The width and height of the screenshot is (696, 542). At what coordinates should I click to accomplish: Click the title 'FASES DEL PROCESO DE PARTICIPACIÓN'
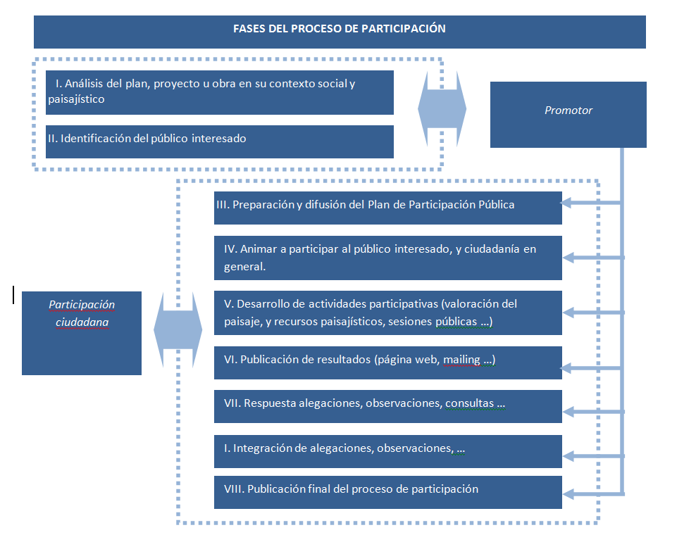[340, 30]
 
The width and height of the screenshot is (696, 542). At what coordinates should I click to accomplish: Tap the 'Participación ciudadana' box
[82, 332]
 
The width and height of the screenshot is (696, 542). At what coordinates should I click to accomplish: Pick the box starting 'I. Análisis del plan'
[219, 92]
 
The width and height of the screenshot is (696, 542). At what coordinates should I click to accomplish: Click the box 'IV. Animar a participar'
[387, 258]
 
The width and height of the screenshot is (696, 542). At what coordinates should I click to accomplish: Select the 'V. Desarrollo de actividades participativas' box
[387, 313]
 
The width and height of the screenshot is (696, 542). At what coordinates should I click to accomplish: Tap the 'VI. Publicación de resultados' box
[387, 361]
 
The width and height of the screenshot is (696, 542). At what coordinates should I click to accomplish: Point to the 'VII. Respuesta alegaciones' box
[387, 405]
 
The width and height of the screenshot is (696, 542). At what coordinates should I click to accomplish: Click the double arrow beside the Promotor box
[442, 110]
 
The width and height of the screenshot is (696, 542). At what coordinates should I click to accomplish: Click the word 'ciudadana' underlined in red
[82, 322]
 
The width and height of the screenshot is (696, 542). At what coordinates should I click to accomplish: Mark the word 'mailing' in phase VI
[461, 360]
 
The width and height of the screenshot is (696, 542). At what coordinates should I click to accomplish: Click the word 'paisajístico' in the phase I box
[76, 99]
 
